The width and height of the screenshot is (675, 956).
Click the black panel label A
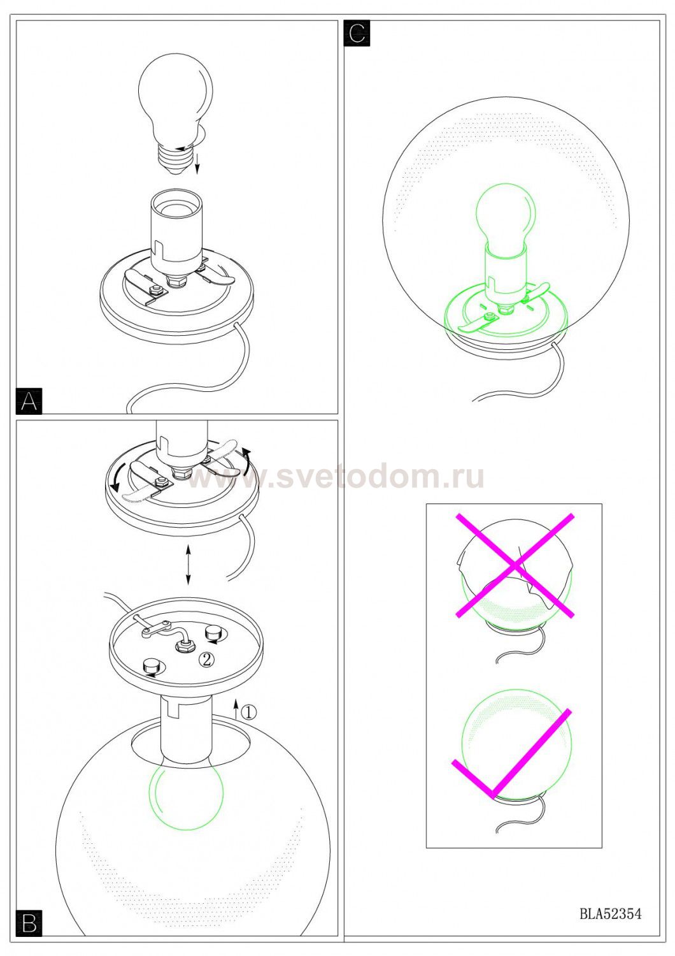[x=29, y=401]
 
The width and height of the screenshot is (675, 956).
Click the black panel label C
[x=357, y=33]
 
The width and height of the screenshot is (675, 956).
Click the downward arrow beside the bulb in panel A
[x=197, y=164]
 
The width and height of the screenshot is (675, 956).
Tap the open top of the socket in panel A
[x=175, y=203]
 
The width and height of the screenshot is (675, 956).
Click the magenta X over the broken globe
[x=515, y=565]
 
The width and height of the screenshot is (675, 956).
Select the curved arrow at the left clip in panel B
[x=116, y=477]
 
